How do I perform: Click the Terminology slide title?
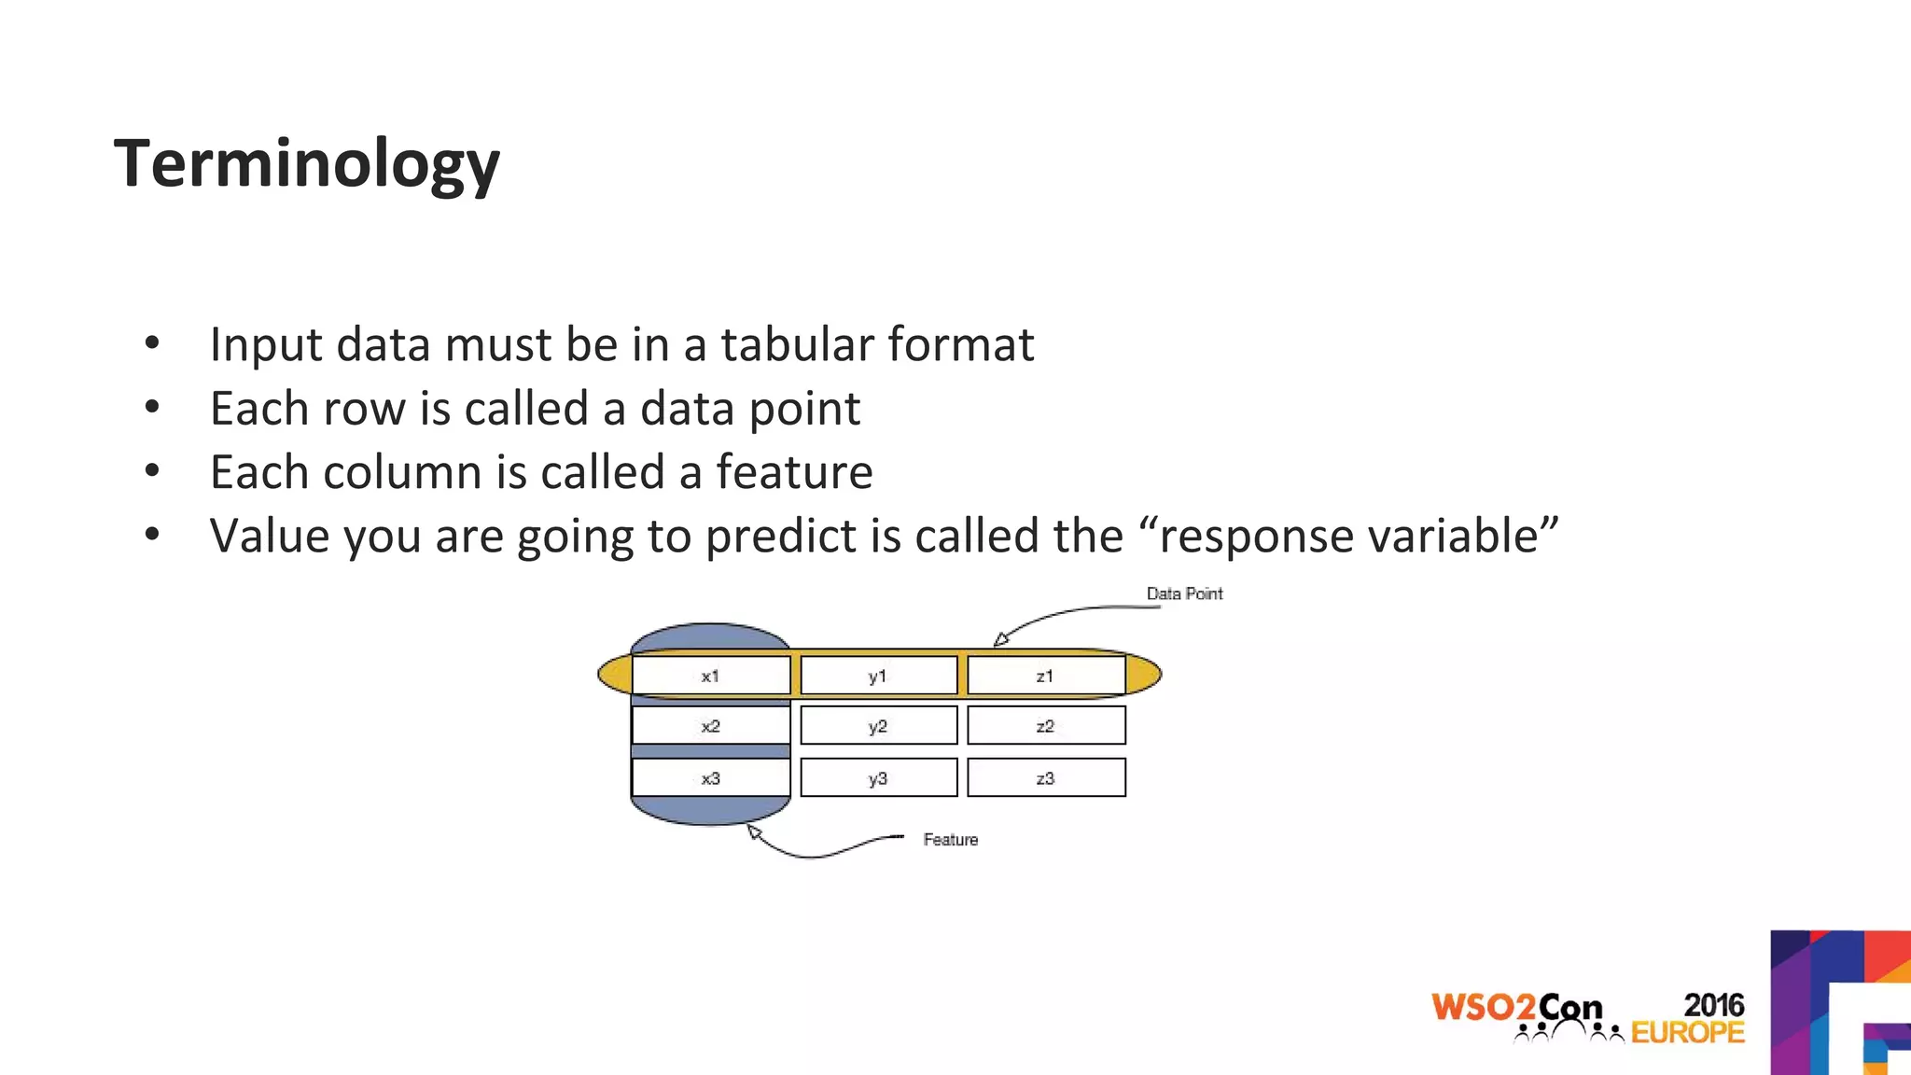pos(306,163)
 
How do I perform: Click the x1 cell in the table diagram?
pos(711,676)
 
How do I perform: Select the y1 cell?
pos(878,676)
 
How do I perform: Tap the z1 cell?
pos(1045,676)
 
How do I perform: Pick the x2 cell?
pos(711,726)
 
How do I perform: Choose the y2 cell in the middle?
pos(878,726)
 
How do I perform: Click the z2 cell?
pos(1045,726)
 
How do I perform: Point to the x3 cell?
pos(711,778)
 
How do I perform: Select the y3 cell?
pos(878,778)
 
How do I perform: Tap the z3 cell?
pos(1045,778)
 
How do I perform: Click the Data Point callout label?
pos(1184,593)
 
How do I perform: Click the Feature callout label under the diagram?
pos(950,840)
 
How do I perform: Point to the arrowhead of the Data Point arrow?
pos(1000,640)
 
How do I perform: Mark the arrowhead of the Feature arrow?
pos(755,831)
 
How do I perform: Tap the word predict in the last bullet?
pos(780,537)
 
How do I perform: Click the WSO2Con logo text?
pos(1516,1008)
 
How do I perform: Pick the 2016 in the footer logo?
pos(1713,1004)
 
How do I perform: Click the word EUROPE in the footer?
pos(1687,1032)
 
